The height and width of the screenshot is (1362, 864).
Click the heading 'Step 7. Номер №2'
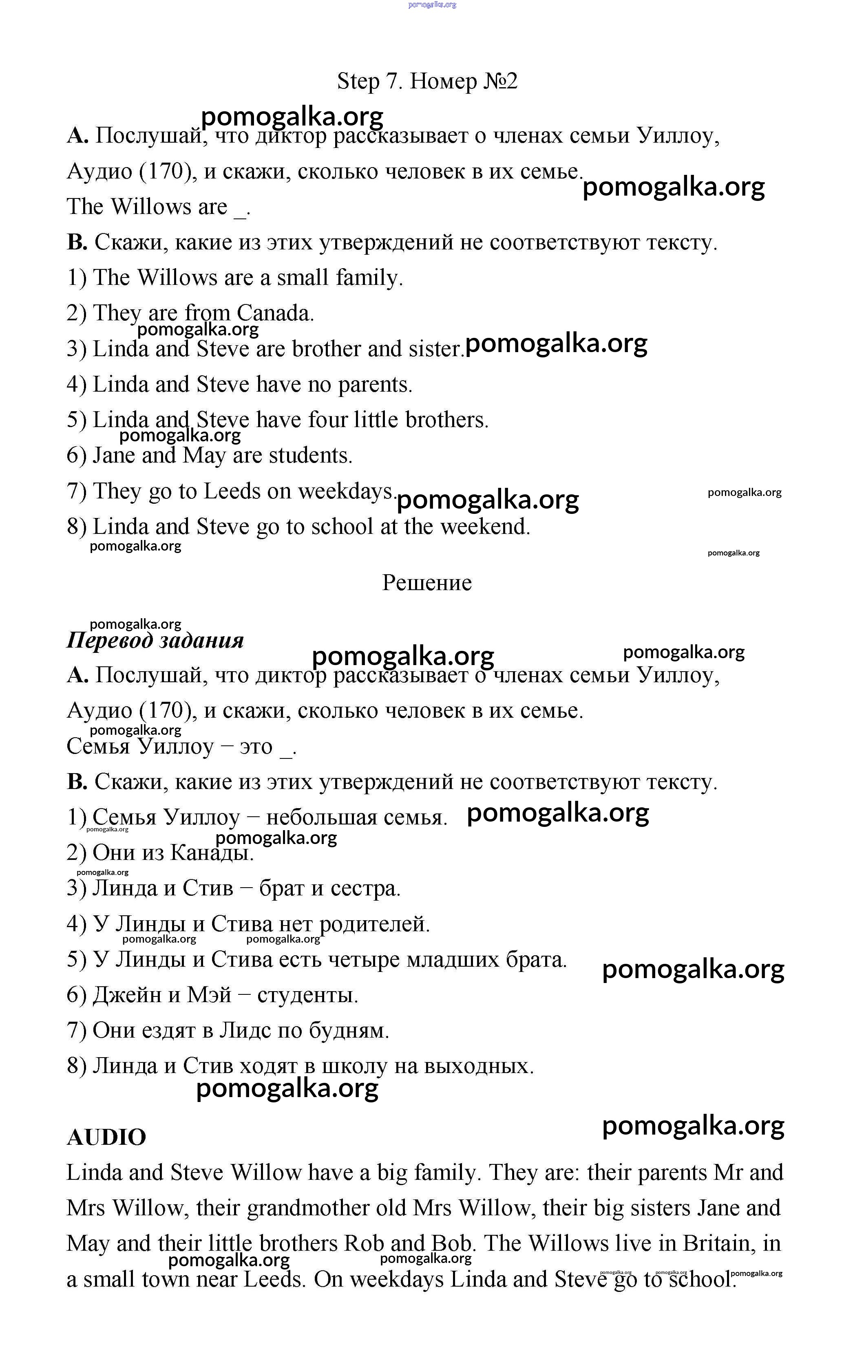click(x=427, y=82)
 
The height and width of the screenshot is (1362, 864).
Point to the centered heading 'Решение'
click(x=426, y=583)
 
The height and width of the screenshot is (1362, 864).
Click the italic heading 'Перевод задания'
click(x=155, y=641)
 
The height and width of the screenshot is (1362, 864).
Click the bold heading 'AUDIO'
click(x=106, y=1137)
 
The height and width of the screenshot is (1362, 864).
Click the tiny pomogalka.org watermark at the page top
click(x=432, y=4)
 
